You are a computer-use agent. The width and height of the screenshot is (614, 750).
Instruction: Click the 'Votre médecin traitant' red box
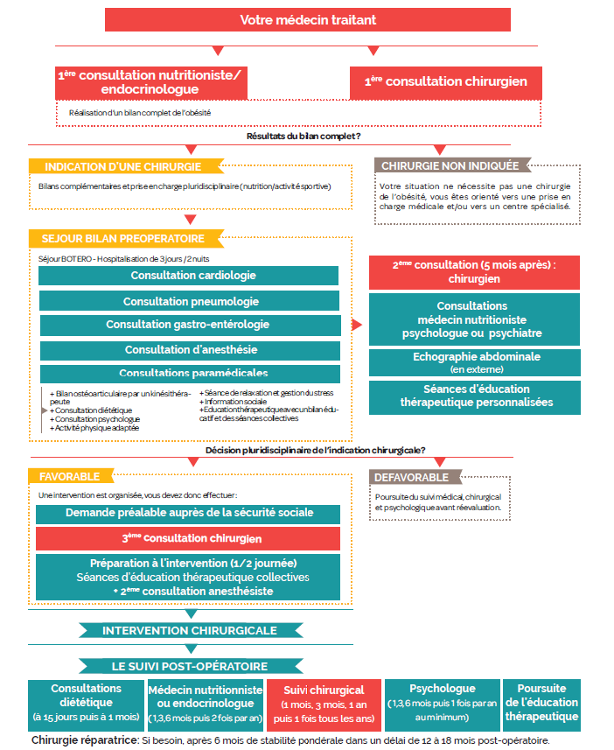pyautogui.click(x=307, y=19)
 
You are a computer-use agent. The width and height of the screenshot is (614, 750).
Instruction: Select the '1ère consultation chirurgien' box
pyautogui.click(x=445, y=82)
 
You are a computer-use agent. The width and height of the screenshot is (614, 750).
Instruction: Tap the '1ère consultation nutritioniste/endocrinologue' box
pyautogui.click(x=150, y=82)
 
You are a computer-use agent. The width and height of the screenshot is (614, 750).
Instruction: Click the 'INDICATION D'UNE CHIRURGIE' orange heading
pyautogui.click(x=122, y=166)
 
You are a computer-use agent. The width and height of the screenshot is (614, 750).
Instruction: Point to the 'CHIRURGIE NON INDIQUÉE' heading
pyautogui.click(x=450, y=165)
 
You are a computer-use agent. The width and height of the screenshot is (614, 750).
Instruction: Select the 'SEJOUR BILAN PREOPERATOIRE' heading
pyautogui.click(x=122, y=239)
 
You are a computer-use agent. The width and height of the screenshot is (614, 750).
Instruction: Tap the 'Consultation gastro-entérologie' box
pyautogui.click(x=187, y=325)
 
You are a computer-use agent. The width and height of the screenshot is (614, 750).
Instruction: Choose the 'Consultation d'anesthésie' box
pyautogui.click(x=187, y=350)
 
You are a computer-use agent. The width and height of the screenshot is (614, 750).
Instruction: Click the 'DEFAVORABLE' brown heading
pyautogui.click(x=411, y=477)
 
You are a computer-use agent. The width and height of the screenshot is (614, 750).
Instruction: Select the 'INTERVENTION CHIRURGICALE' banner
pyautogui.click(x=190, y=630)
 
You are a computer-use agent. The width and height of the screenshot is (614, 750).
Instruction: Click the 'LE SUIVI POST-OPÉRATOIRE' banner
pyautogui.click(x=190, y=665)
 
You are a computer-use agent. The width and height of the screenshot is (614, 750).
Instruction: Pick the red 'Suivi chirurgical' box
pyautogui.click(x=324, y=704)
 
